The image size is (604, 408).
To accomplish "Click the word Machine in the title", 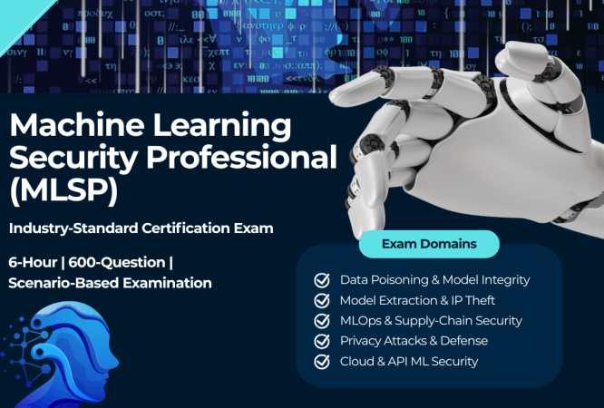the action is [77, 125].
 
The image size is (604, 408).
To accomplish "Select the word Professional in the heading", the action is [241, 157].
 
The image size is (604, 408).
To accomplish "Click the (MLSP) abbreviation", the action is [63, 190].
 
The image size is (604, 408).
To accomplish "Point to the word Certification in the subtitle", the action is [186, 228].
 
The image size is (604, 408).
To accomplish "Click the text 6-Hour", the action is [33, 262].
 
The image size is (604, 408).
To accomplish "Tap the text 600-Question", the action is [117, 263].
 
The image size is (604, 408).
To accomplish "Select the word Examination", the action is [167, 283].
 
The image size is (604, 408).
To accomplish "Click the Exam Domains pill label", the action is [429, 244].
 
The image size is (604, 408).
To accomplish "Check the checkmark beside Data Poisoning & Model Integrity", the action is [322, 280].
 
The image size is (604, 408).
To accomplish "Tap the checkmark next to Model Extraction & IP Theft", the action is [322, 300].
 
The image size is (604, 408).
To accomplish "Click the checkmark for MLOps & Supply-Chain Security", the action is [322, 321].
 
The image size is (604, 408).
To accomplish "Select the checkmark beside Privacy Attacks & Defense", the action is [322, 341].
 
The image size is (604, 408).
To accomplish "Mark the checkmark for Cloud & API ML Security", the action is [322, 362].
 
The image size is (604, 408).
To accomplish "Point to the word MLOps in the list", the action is [361, 321].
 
